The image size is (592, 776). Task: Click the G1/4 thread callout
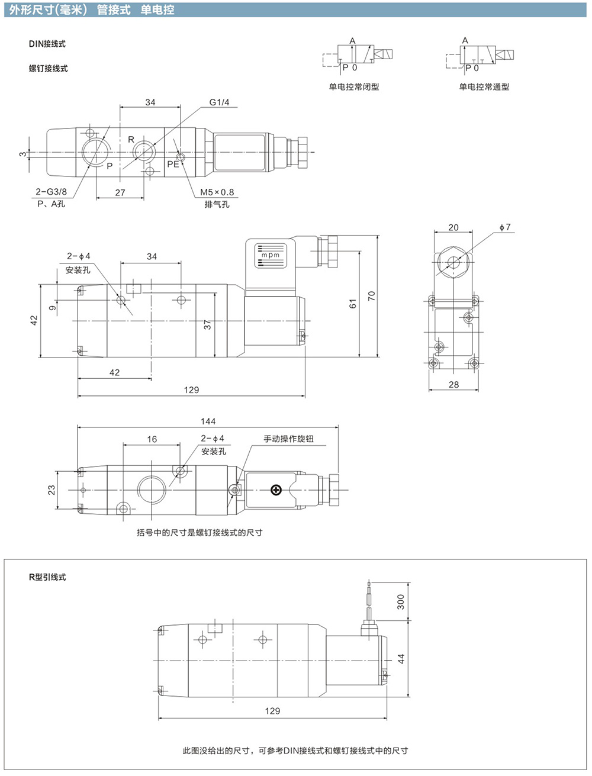click(219, 102)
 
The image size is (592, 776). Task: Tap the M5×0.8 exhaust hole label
click(217, 192)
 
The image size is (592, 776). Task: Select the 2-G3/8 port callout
click(51, 192)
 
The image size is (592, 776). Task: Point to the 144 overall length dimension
click(208, 421)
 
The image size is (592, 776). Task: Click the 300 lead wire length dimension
click(400, 602)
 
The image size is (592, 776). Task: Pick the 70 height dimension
click(371, 296)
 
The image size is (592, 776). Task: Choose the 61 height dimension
click(353, 304)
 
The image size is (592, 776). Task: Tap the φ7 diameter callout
click(505, 227)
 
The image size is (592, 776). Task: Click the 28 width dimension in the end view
click(453, 384)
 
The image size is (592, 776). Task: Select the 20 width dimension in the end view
click(453, 227)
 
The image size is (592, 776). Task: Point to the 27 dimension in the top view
click(120, 192)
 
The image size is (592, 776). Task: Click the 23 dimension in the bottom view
click(52, 490)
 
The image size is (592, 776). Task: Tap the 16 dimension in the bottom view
click(152, 439)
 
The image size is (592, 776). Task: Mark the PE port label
click(173, 164)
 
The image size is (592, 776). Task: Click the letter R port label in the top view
click(131, 140)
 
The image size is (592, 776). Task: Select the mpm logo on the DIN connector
click(271, 255)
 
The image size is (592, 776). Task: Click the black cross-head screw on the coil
click(276, 490)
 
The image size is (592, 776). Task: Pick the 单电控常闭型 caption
click(354, 86)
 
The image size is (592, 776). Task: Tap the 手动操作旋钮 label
click(288, 439)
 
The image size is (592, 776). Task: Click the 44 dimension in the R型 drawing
click(400, 659)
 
